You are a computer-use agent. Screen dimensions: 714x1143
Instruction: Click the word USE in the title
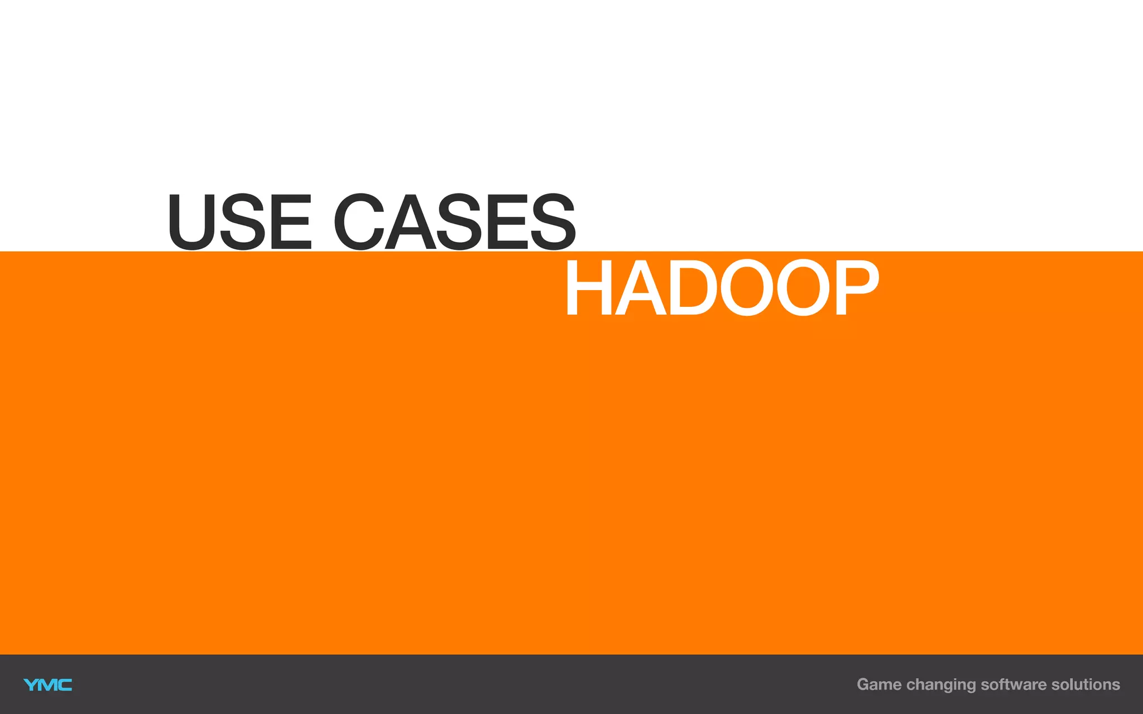239,221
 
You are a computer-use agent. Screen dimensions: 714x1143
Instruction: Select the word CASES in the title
454,221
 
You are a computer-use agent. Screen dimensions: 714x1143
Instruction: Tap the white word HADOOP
721,288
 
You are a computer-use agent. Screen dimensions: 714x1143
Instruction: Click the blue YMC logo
47,684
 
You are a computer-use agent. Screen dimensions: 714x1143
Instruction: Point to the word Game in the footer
879,684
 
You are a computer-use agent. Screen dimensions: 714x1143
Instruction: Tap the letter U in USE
193,221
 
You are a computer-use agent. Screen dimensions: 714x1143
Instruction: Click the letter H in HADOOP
587,288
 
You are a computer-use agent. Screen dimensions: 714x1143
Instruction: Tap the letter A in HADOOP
637,288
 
